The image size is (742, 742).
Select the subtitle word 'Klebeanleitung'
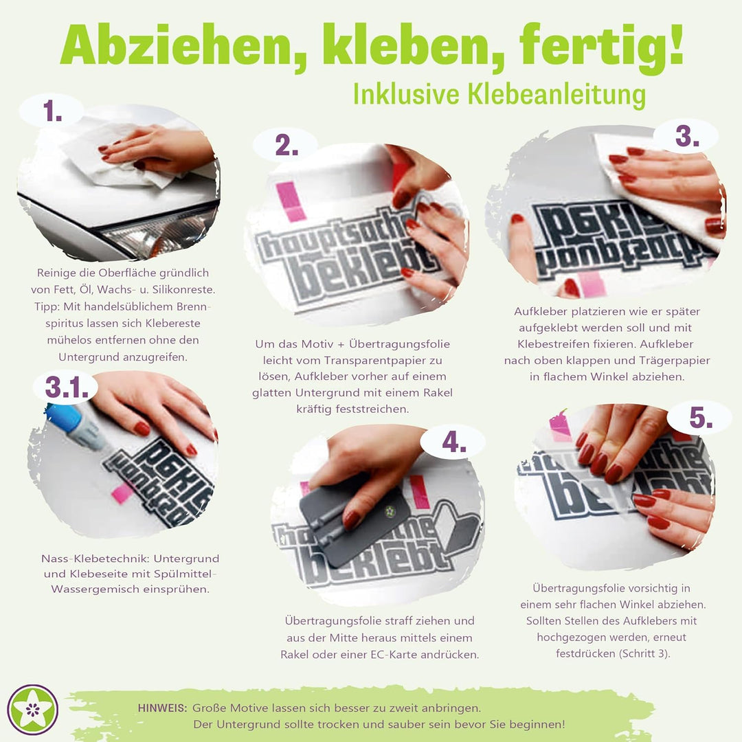click(x=556, y=94)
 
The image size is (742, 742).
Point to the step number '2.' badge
click(x=286, y=145)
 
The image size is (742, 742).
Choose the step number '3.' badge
click(x=686, y=136)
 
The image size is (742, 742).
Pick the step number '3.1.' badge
click(x=67, y=387)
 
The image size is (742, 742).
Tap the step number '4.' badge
click(x=454, y=442)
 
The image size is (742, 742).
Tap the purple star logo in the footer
click(x=32, y=709)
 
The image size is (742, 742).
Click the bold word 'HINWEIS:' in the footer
click(x=162, y=707)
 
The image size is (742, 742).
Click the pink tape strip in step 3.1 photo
click(x=123, y=493)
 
